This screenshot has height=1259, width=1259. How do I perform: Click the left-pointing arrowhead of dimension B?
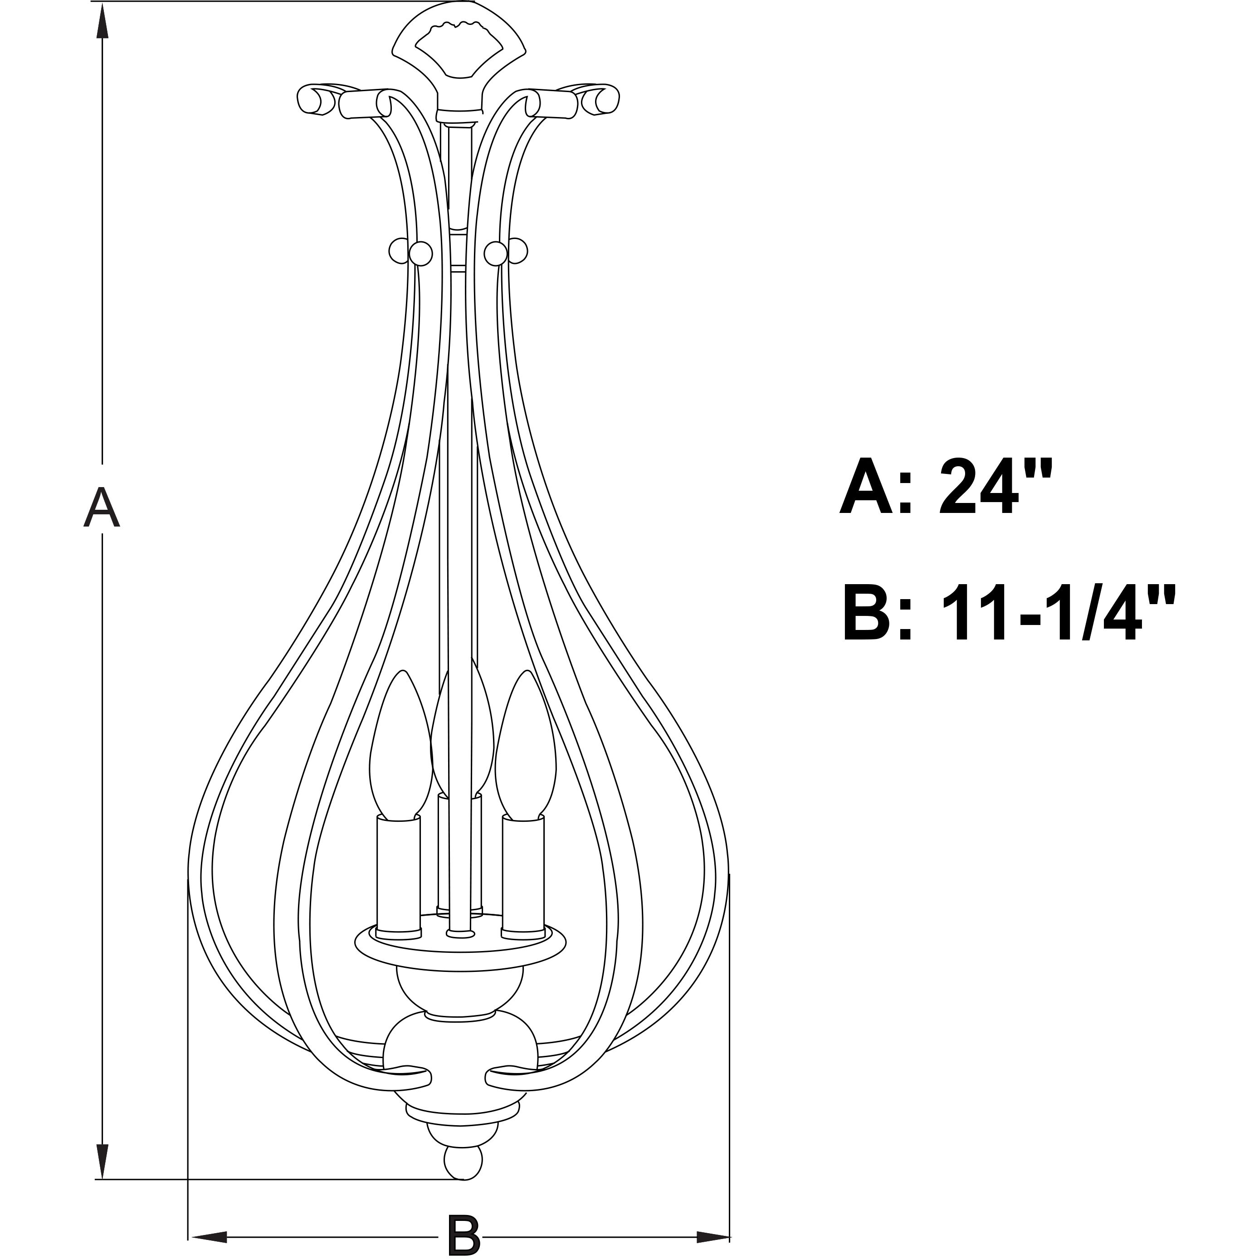point(209,1237)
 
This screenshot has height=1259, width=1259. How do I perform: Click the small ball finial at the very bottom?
point(463,1164)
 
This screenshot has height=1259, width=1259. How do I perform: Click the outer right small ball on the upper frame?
point(518,249)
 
